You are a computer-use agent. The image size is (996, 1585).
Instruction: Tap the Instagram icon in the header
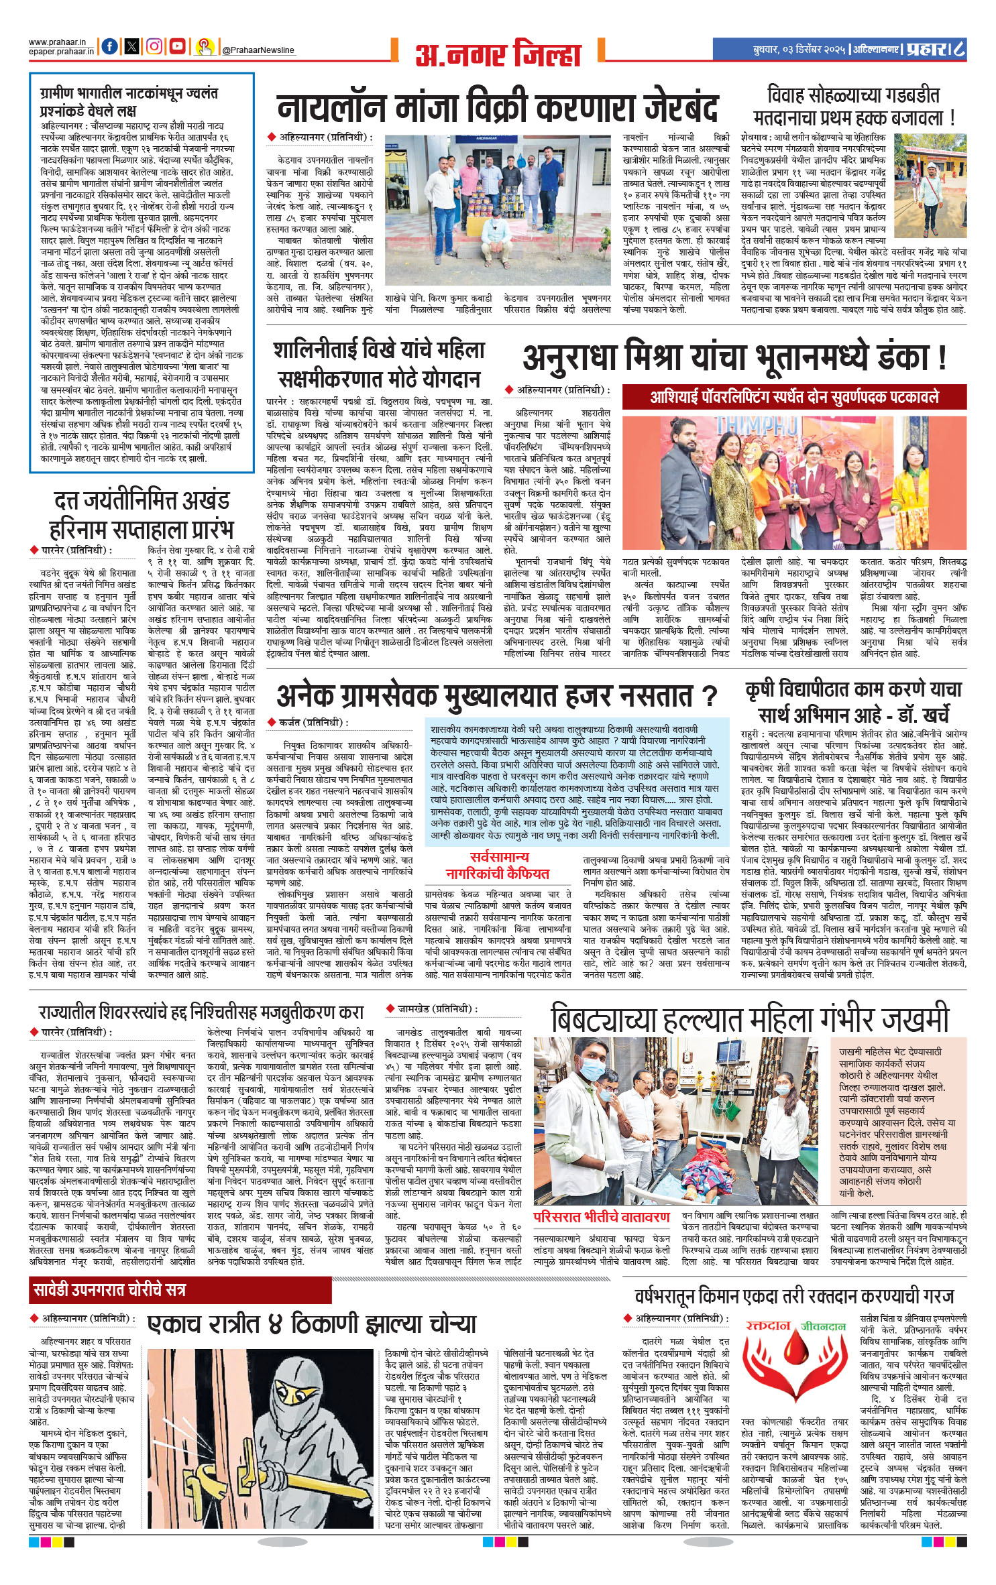click(x=154, y=46)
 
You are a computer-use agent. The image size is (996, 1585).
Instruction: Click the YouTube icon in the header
click(x=177, y=46)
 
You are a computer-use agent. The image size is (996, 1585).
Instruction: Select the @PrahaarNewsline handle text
click(x=258, y=50)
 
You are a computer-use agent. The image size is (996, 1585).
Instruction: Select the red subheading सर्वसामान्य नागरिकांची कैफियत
click(x=498, y=866)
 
